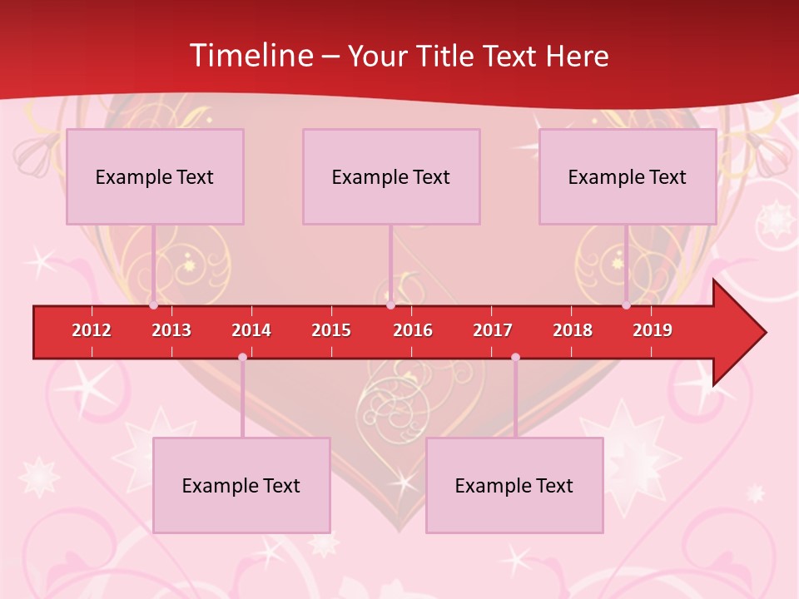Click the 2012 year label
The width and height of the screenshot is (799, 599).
click(92, 330)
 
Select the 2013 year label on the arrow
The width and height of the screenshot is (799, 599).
click(171, 330)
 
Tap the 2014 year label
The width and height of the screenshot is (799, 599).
click(251, 330)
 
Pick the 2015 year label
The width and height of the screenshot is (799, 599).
click(331, 330)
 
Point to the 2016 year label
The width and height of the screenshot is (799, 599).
click(413, 330)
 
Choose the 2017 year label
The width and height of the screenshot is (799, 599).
click(493, 330)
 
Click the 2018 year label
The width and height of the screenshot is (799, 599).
click(573, 330)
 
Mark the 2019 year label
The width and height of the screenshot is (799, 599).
click(653, 330)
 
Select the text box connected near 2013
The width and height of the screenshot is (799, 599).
click(155, 176)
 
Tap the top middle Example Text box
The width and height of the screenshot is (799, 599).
click(391, 176)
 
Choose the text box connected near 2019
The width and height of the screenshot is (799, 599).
click(628, 176)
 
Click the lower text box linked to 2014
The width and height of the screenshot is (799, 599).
click(241, 485)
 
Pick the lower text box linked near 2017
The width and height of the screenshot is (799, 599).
click(514, 485)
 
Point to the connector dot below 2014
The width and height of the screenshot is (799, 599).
click(242, 358)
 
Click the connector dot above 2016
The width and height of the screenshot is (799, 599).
click(390, 305)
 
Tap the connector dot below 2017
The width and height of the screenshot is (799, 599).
click(515, 358)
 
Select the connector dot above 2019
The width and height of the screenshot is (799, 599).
click(626, 305)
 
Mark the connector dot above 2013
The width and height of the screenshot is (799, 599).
click(153, 305)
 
